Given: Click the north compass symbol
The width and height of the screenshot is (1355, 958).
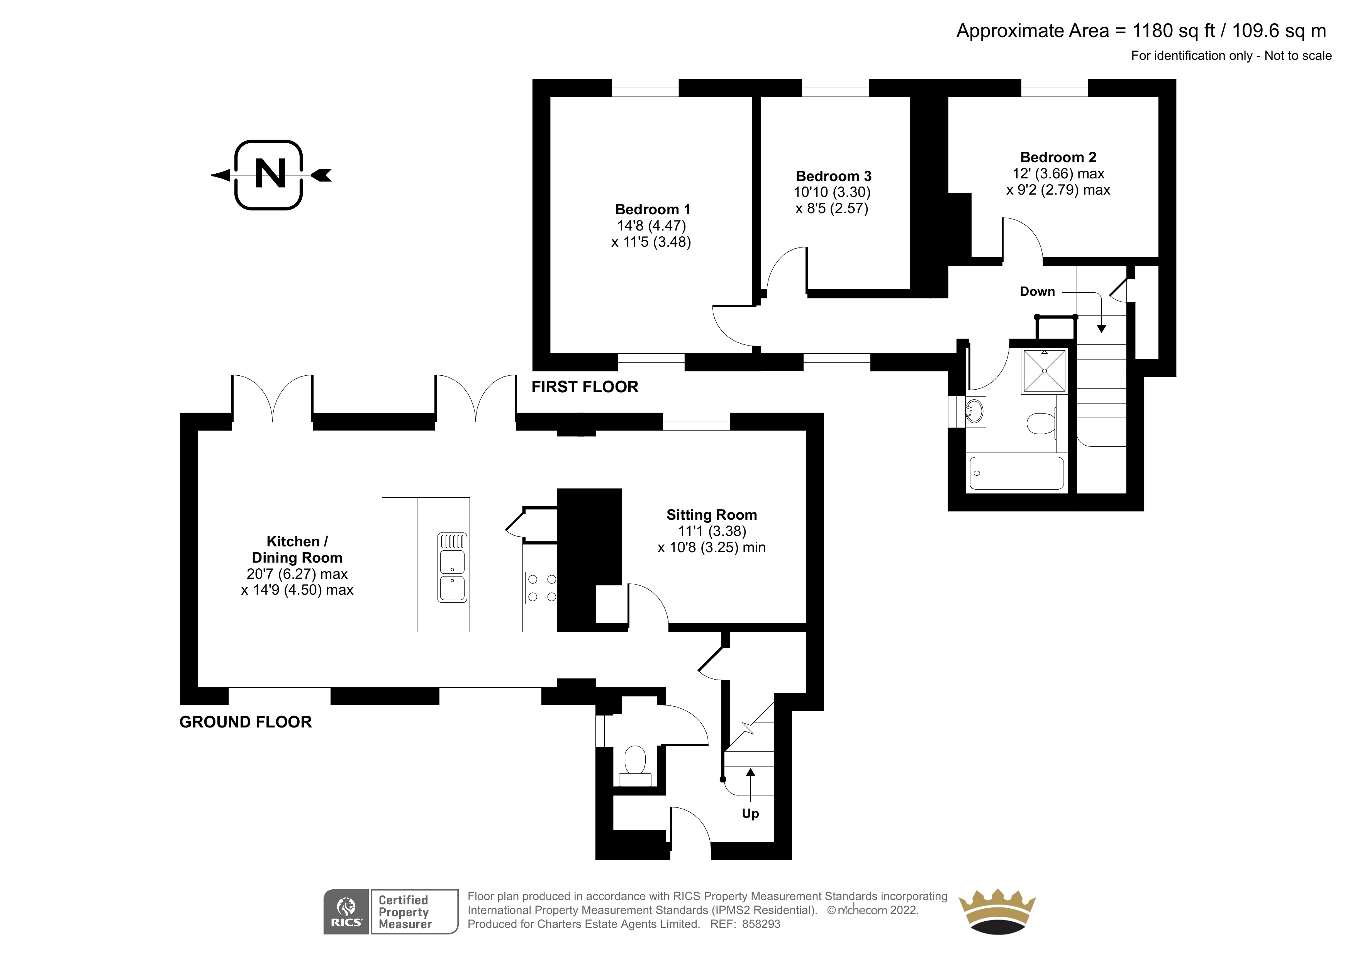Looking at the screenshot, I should point(270,175).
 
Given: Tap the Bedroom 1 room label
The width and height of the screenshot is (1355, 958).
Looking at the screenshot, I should point(652,210).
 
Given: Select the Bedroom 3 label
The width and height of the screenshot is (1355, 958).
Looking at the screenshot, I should point(833,176).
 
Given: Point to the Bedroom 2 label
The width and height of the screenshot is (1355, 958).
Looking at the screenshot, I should point(1058,157).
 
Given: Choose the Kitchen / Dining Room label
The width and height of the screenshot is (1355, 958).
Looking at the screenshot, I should point(297,549).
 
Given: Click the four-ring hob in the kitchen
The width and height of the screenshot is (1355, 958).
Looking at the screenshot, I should point(541,588).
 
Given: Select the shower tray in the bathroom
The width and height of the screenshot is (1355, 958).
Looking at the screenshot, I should point(1044,371).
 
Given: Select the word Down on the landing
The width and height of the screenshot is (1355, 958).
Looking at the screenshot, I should point(1037,291).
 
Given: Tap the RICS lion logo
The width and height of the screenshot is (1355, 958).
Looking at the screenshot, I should point(346,912).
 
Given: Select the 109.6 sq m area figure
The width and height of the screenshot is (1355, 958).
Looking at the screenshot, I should point(1279,31).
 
